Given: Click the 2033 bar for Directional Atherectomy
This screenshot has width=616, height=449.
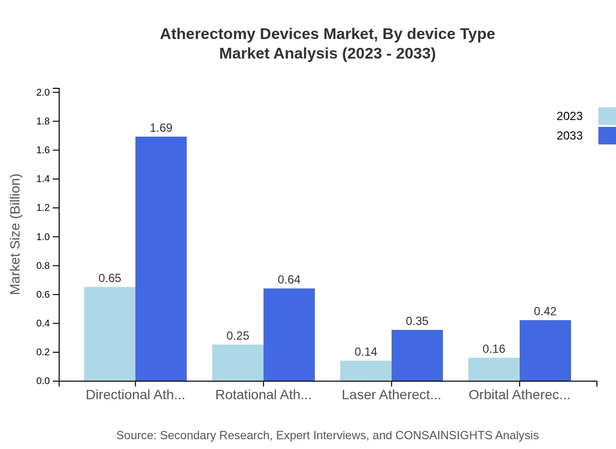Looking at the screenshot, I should click(161, 259).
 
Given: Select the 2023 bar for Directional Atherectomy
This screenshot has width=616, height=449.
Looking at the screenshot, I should click(110, 334).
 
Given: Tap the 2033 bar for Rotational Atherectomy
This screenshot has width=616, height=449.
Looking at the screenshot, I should click(289, 335).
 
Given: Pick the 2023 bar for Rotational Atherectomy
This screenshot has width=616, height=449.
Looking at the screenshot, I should click(238, 363).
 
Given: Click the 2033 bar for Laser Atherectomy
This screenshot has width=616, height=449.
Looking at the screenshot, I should click(417, 355).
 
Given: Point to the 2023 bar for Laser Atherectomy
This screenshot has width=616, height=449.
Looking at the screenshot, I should click(366, 371).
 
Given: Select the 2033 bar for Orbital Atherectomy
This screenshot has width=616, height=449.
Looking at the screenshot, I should click(545, 350).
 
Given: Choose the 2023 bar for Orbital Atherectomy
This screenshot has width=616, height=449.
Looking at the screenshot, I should click(494, 369).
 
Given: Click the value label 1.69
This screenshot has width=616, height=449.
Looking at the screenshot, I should click(161, 128).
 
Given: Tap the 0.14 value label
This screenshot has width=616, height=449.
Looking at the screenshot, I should click(366, 352).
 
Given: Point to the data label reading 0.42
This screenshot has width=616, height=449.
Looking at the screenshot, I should click(545, 311).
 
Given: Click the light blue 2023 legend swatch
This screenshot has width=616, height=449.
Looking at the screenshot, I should click(607, 116).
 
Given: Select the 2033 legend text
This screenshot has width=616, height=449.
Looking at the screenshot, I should click(570, 136).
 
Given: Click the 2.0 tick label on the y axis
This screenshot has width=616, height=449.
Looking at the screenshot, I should click(44, 92).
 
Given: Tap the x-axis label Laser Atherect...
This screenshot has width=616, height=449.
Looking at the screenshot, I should click(391, 395).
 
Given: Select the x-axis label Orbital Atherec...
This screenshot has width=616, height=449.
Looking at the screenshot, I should click(519, 395).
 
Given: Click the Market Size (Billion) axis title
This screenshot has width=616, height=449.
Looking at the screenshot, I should click(16, 234).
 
